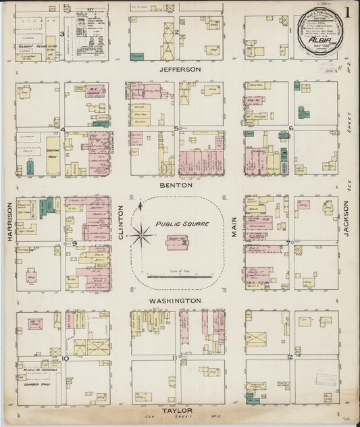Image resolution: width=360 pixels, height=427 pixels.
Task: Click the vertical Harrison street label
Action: click(x=9, y=221)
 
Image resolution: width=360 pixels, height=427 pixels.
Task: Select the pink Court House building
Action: click(x=178, y=242)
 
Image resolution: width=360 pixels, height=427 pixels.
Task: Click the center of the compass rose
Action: click(x=142, y=236)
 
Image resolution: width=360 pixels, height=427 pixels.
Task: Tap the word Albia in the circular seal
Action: click(x=319, y=39)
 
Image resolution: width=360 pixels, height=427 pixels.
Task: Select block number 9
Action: click(x=73, y=243)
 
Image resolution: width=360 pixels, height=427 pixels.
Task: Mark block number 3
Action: click(x=62, y=33)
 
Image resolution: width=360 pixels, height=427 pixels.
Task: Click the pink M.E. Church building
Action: click(x=95, y=91)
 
